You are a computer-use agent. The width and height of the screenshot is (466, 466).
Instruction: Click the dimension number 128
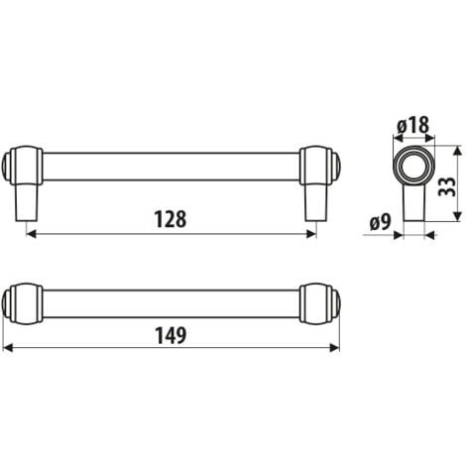pyautogui.click(x=171, y=219)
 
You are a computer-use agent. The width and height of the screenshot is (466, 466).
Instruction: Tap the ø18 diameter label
pyautogui.click(x=410, y=126)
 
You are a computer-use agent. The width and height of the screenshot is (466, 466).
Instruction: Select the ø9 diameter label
pyautogui.click(x=378, y=221)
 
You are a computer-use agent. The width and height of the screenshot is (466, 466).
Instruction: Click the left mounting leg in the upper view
pyautogui.click(x=27, y=203)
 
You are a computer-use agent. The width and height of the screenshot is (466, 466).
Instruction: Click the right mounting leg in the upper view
pyautogui.click(x=314, y=203)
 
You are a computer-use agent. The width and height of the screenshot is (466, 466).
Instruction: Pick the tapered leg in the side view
pyautogui.click(x=414, y=208)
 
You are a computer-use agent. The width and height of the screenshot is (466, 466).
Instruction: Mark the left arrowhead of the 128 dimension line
pyautogui.click(x=30, y=235)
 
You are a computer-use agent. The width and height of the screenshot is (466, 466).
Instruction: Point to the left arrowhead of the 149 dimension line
pyautogui.click(x=9, y=349)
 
